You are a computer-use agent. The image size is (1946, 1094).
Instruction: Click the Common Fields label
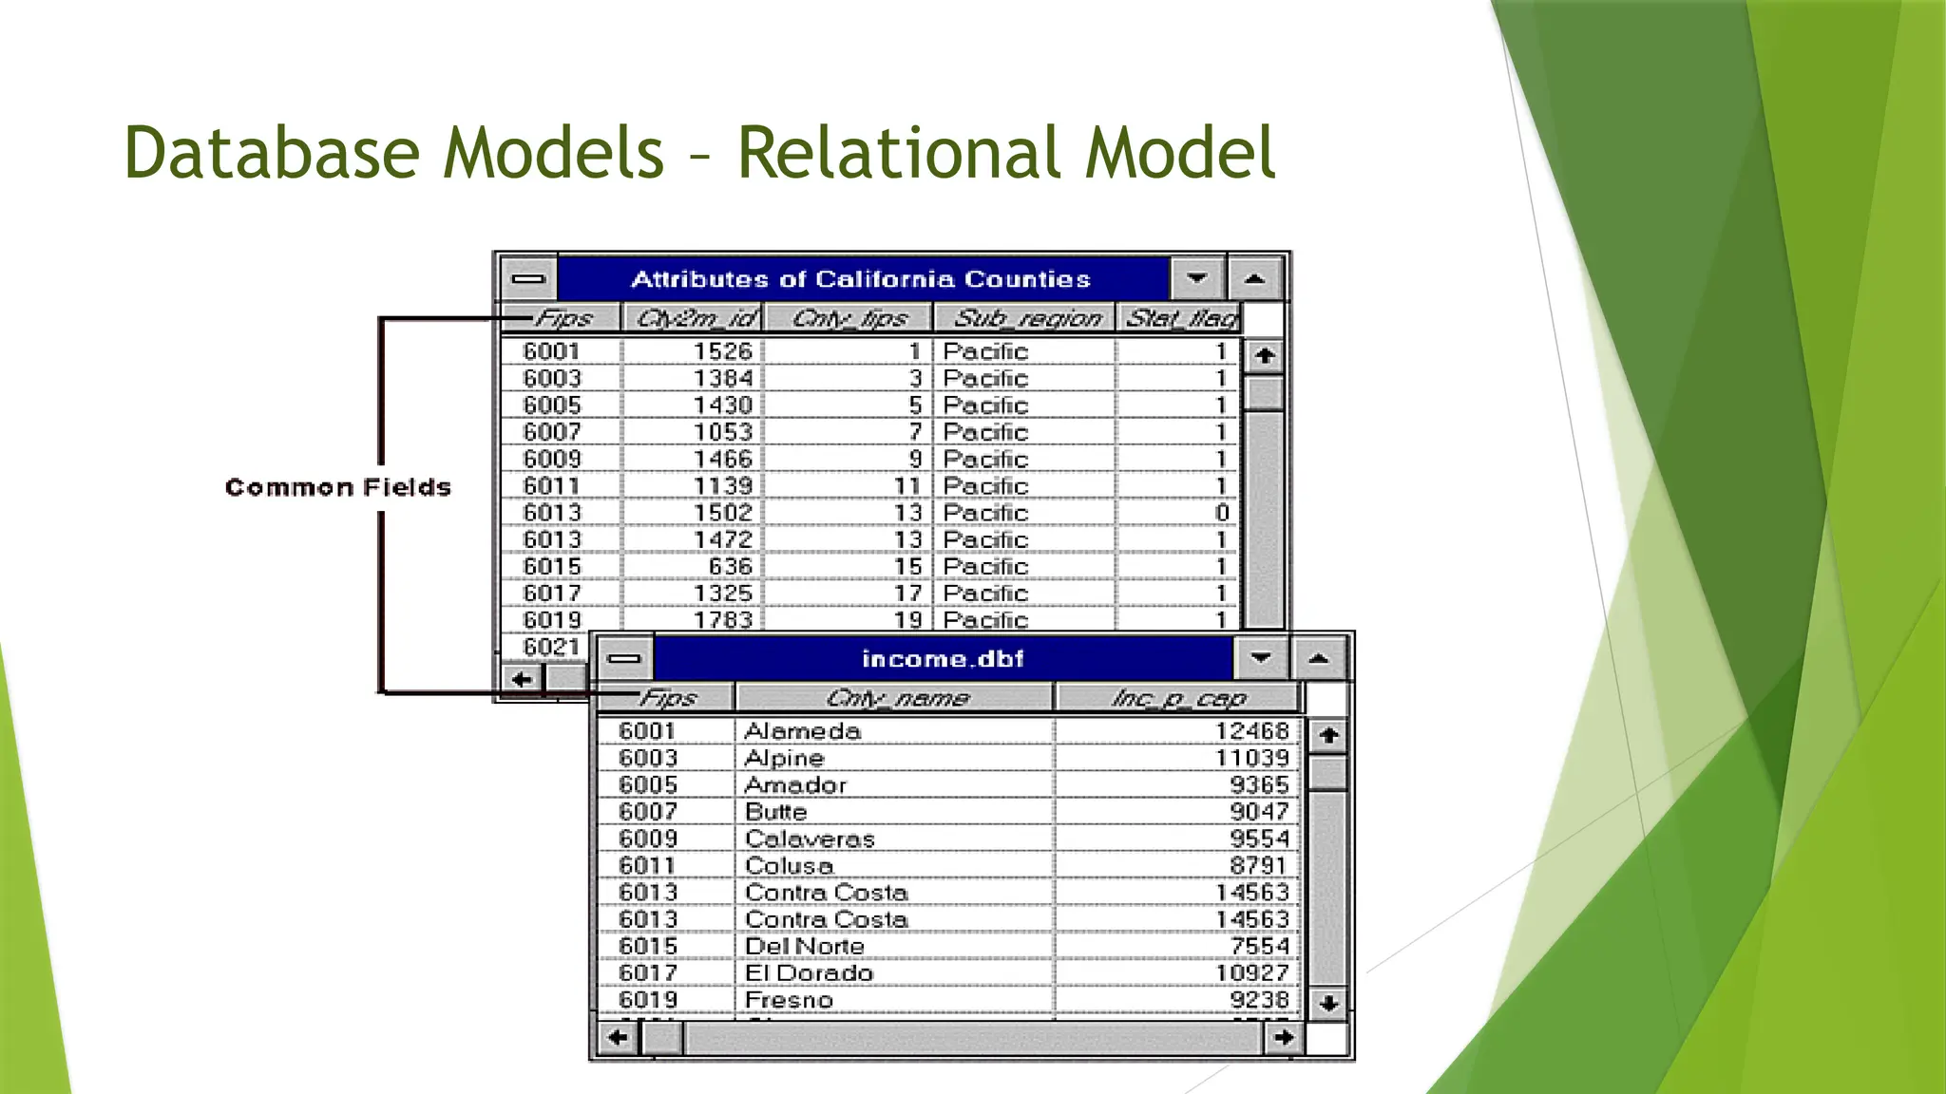tap(337, 488)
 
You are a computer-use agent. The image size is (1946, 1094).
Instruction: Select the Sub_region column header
tap(1026, 318)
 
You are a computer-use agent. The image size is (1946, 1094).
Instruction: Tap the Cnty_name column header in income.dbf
tap(896, 699)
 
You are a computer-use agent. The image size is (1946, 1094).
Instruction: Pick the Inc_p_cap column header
tap(1177, 699)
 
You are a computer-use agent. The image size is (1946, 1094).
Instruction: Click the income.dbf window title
tap(943, 659)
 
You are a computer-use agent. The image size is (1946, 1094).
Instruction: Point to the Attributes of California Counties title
tap(861, 279)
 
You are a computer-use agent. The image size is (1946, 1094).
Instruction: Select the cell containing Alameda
tap(803, 731)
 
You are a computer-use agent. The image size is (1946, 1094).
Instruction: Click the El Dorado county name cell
tap(809, 973)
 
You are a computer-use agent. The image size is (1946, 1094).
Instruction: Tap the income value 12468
tap(1251, 731)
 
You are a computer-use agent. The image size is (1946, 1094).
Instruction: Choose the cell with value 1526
tap(722, 351)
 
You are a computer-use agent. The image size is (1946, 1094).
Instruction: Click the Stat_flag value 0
tap(1222, 513)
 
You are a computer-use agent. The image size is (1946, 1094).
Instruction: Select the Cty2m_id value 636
tap(730, 567)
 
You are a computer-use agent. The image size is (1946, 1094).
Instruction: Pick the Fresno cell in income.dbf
tap(789, 1000)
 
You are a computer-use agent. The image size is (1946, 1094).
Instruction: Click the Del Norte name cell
tap(805, 947)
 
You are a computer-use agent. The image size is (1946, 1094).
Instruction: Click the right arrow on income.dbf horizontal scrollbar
tap(1284, 1037)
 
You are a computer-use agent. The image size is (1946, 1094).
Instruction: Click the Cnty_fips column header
tap(849, 318)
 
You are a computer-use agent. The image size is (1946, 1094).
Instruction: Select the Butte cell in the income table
tap(776, 812)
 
